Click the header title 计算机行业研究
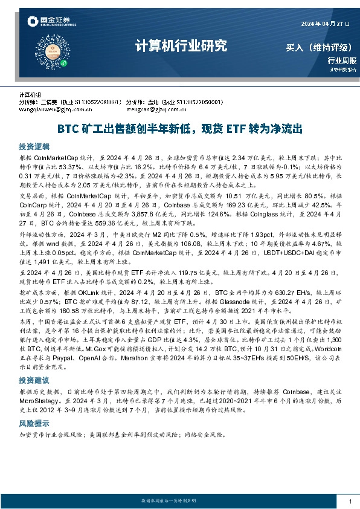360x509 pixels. pyautogui.click(x=179, y=46)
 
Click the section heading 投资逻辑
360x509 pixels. pyautogui.click(x=34, y=147)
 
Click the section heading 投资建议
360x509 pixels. pyautogui.click(x=34, y=381)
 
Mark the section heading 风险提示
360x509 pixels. pyautogui.click(x=34, y=423)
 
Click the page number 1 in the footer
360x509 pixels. pyautogui.click(x=350, y=502)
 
